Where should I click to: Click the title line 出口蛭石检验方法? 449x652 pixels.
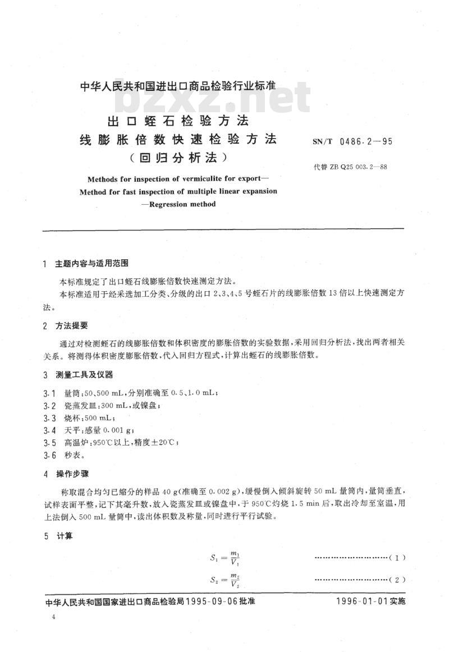pos(178,120)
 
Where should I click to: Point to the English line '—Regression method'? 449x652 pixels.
pos(178,204)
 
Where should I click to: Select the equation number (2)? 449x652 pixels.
pos(397,580)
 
